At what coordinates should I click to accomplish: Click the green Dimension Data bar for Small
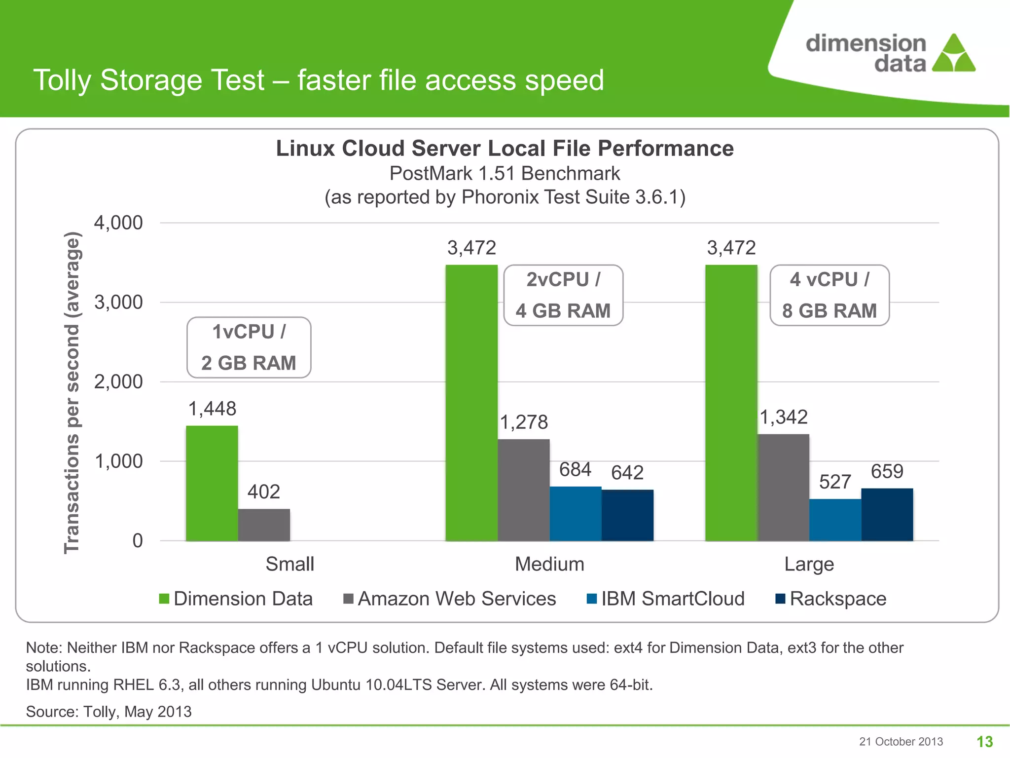click(212, 483)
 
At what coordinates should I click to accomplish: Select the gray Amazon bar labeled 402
click(264, 525)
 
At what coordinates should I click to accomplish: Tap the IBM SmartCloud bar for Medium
click(576, 513)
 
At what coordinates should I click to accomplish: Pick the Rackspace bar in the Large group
click(887, 514)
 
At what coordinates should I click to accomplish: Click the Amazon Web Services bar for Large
click(783, 487)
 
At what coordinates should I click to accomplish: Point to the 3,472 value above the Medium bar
click(471, 248)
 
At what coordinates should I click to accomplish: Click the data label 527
click(835, 482)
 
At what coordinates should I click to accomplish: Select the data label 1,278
click(524, 422)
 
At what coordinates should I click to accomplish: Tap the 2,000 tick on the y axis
click(118, 381)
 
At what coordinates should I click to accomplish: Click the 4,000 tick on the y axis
click(118, 223)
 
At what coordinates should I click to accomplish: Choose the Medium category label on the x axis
click(549, 564)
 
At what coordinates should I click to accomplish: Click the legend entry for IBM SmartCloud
click(666, 599)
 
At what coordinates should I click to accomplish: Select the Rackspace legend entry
click(831, 599)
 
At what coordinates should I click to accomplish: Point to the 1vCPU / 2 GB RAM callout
click(249, 347)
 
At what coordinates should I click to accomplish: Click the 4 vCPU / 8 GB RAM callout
click(830, 295)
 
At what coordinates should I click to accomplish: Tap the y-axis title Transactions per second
click(72, 392)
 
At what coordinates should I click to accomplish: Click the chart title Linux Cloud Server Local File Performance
click(505, 148)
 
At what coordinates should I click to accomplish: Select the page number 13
click(984, 741)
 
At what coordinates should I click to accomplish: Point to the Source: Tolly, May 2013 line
click(108, 711)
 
